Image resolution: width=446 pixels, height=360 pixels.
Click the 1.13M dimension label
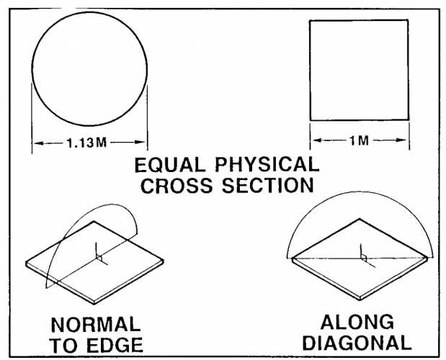pos(86,143)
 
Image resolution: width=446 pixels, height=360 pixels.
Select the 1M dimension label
pos(360,140)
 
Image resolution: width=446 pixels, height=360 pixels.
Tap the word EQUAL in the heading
pos(170,166)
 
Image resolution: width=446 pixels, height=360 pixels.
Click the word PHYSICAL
pos(267,164)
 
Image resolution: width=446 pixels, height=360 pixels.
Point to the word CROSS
pos(177,186)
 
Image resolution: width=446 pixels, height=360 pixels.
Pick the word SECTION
pos(268,185)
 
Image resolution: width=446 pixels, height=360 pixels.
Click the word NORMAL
pos(96,325)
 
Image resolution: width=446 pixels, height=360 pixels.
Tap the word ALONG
pos(357,323)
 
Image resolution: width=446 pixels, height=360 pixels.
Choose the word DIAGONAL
pos(357,343)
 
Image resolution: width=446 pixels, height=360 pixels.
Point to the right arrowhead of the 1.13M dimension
pos(141,143)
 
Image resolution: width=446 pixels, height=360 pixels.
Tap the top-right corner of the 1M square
pos(408,20)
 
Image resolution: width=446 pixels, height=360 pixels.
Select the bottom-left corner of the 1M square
pos(311,120)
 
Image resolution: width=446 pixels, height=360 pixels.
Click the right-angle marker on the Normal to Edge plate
pos(99,257)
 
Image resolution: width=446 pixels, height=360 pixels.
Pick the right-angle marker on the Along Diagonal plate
pos(364,257)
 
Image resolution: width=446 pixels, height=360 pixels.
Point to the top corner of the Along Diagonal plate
pos(360,219)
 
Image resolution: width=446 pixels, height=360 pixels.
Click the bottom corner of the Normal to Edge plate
pos(94,304)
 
